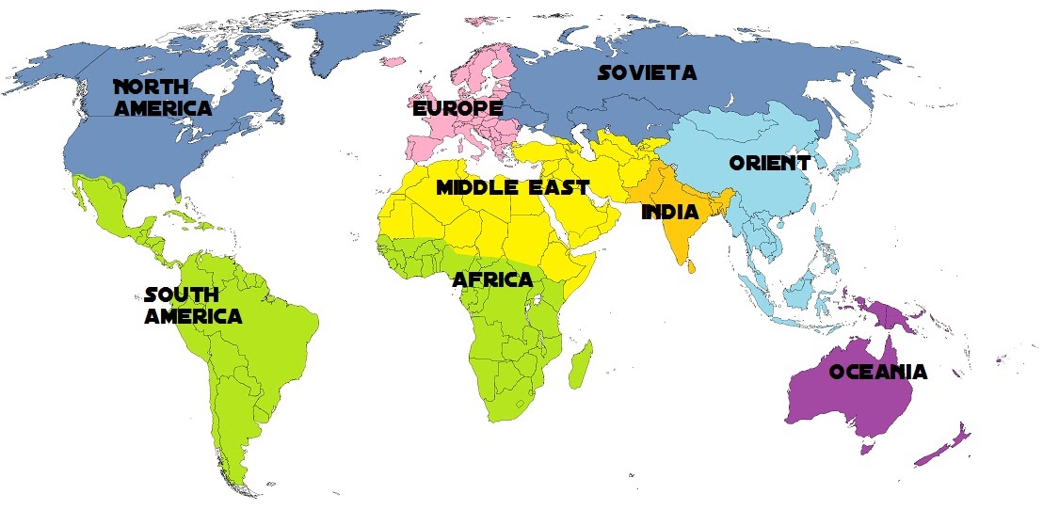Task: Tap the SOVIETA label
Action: click(x=648, y=72)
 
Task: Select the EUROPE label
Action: click(x=457, y=109)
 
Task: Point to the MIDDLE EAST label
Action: click(x=512, y=187)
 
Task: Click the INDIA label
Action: click(x=669, y=213)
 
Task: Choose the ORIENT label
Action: click(x=769, y=163)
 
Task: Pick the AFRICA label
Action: click(x=492, y=279)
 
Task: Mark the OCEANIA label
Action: click(x=877, y=372)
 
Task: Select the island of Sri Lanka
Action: click(x=693, y=266)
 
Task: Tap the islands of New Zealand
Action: click(x=946, y=446)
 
